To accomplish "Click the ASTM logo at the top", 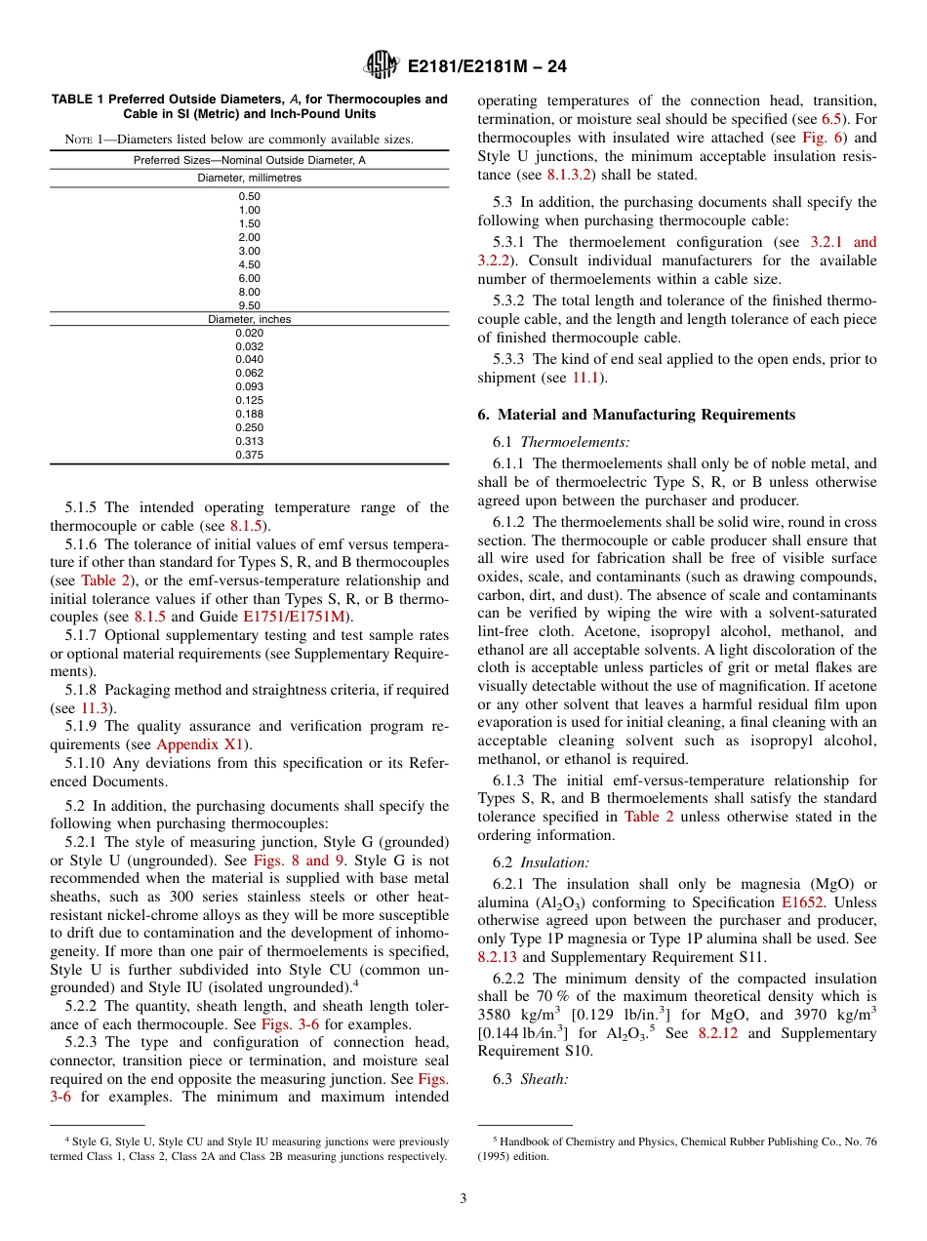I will pyautogui.click(x=381, y=65).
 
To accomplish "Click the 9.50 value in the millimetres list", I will pyautogui.click(x=249, y=305).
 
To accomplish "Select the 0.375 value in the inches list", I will pyautogui.click(x=249, y=455).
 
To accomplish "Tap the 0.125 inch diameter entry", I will pyautogui.click(x=249, y=400).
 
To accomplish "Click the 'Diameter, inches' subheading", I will pyautogui.click(x=249, y=319).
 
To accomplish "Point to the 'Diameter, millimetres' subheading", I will pyautogui.click(x=249, y=179).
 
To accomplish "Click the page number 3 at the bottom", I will pyautogui.click(x=463, y=1197).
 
